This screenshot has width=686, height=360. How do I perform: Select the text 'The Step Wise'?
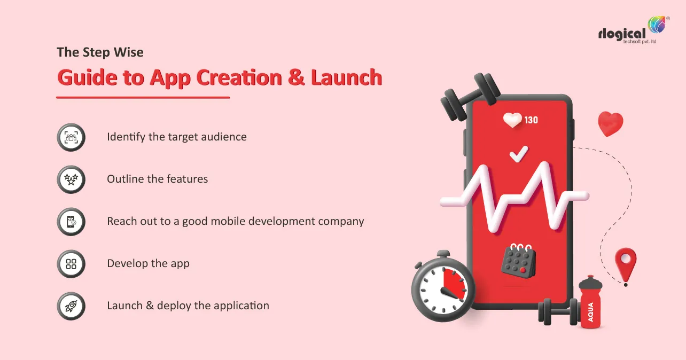click(100, 53)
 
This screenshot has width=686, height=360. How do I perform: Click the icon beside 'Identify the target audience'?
click(71, 137)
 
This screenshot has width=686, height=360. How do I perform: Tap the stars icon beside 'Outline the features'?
click(71, 179)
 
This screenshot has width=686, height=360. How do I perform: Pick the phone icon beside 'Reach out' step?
click(71, 221)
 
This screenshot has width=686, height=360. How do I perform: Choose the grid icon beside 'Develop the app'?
click(71, 263)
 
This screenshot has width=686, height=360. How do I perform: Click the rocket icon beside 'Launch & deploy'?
click(71, 306)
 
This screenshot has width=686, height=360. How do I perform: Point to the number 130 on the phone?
click(531, 120)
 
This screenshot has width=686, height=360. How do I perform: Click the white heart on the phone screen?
click(513, 120)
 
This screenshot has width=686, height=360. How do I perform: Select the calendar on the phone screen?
click(518, 261)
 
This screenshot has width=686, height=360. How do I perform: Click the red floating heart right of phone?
click(610, 124)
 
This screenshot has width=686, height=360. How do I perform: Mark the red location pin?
click(625, 265)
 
